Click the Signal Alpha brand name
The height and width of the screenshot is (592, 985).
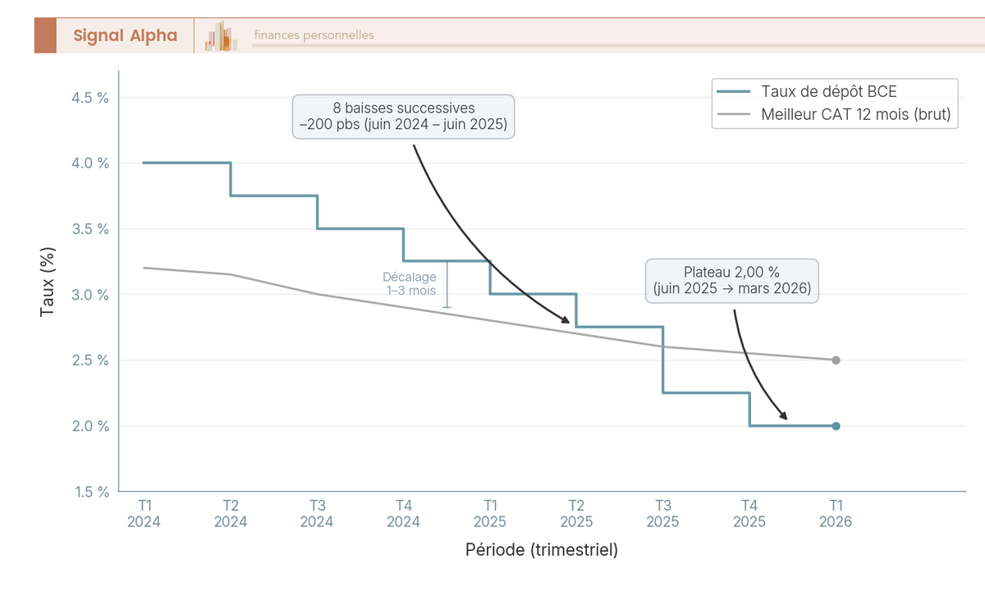click(x=125, y=35)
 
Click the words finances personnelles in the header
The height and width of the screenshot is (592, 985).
click(x=314, y=35)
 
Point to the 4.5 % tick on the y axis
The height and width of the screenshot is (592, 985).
click(x=91, y=98)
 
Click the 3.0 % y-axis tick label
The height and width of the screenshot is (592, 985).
click(x=91, y=295)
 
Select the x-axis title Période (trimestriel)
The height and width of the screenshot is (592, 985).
click(x=542, y=549)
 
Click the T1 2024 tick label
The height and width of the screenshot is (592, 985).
click(x=144, y=513)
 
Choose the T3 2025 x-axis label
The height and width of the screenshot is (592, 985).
click(x=662, y=513)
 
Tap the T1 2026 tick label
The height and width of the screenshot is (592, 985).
click(x=836, y=513)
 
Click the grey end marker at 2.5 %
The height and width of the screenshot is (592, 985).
click(x=836, y=360)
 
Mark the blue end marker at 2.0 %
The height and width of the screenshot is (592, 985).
click(x=836, y=426)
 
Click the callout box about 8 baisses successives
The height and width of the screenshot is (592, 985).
click(x=404, y=117)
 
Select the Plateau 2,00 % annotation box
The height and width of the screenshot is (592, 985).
click(x=732, y=281)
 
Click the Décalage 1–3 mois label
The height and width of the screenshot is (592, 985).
click(x=410, y=284)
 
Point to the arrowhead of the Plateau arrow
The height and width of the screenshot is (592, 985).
click(x=785, y=418)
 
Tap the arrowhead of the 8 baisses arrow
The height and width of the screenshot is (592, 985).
click(x=566, y=321)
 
